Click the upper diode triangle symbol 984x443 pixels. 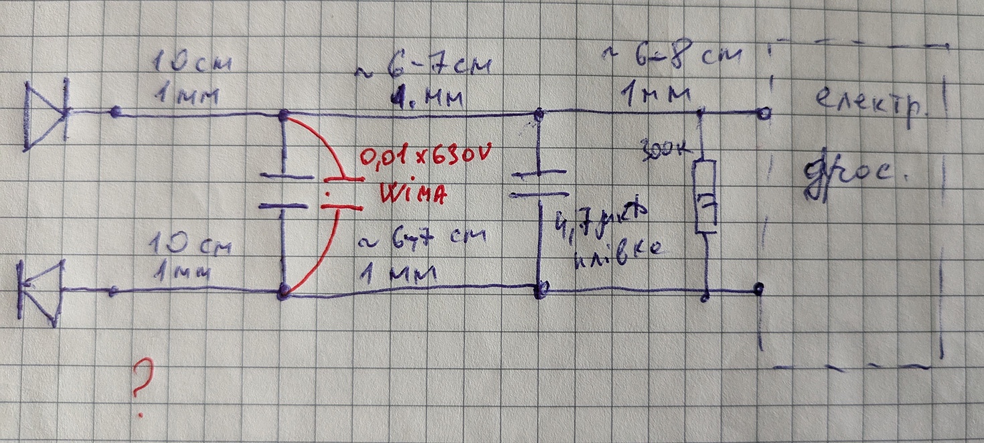[46, 114]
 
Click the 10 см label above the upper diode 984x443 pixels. [193, 64]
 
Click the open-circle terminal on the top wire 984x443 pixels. [763, 113]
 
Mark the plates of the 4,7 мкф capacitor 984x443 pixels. [540, 185]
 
